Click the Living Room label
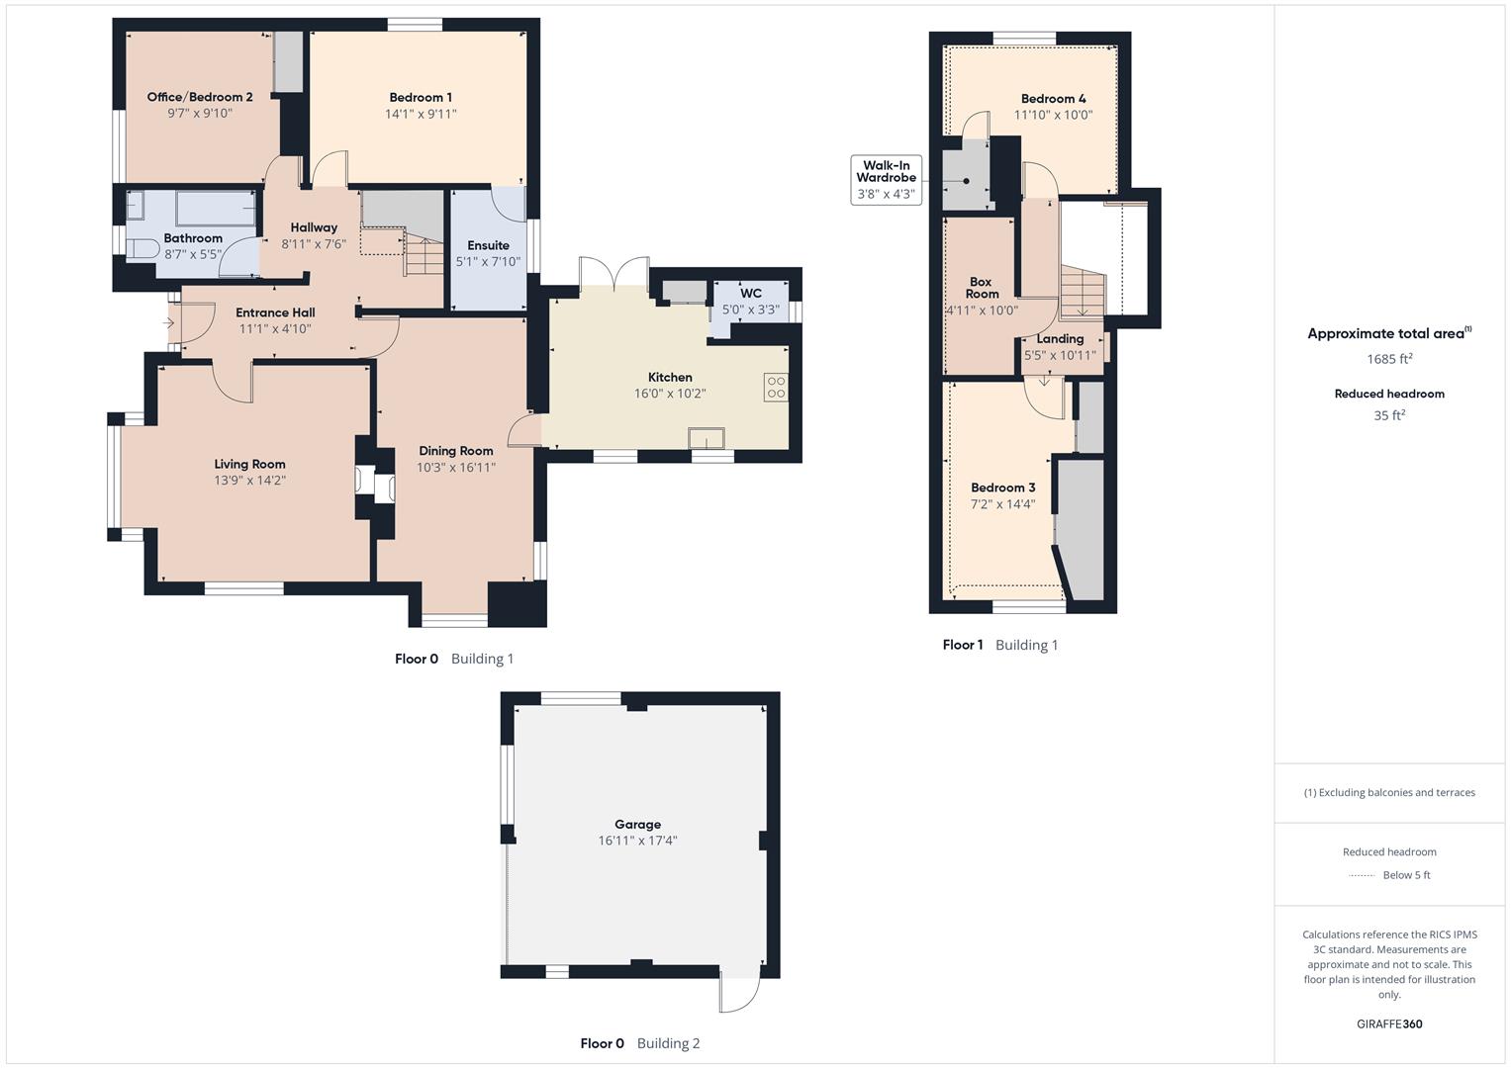point(249,464)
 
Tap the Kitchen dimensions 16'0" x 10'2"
point(670,394)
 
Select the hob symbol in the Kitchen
point(776,388)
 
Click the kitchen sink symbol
point(708,438)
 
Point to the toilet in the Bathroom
point(143,247)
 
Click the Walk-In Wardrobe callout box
point(886,179)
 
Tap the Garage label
point(637,824)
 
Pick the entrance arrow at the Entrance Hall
point(168,323)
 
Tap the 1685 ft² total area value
point(1389,359)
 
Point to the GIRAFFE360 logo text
point(1389,1024)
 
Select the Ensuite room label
point(488,245)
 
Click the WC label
point(751,293)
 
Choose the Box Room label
point(982,288)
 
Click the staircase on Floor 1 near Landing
point(1083,293)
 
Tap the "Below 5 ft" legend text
point(1406,875)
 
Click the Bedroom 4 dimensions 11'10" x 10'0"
point(1053,115)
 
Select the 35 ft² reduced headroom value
point(1389,415)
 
